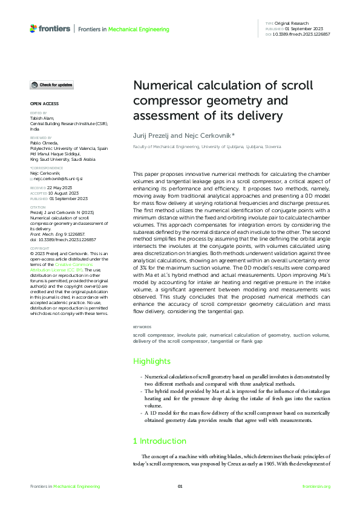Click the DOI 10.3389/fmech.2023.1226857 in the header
pyautogui.click(x=302, y=34)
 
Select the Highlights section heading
pyautogui.click(x=152, y=361)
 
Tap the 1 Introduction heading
pyautogui.click(x=160, y=441)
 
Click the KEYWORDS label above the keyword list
pyautogui.click(x=143, y=327)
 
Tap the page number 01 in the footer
pyautogui.click(x=180, y=487)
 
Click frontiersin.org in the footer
pyautogui.click(x=316, y=487)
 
